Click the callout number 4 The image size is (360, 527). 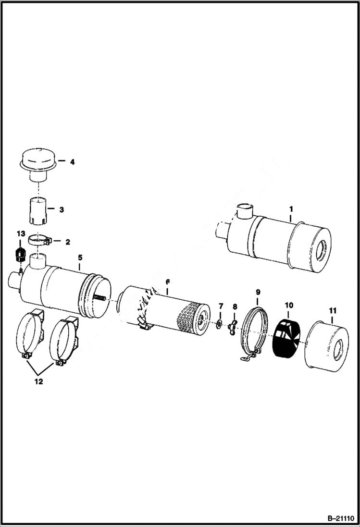tap(72, 162)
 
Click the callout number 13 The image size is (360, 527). tap(20, 233)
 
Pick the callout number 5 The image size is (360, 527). tap(80, 257)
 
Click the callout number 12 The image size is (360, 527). tap(38, 382)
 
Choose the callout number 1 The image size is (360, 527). tap(291, 209)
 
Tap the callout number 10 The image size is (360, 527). tap(288, 306)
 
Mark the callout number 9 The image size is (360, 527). tap(258, 292)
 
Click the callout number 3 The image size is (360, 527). tap(62, 210)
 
